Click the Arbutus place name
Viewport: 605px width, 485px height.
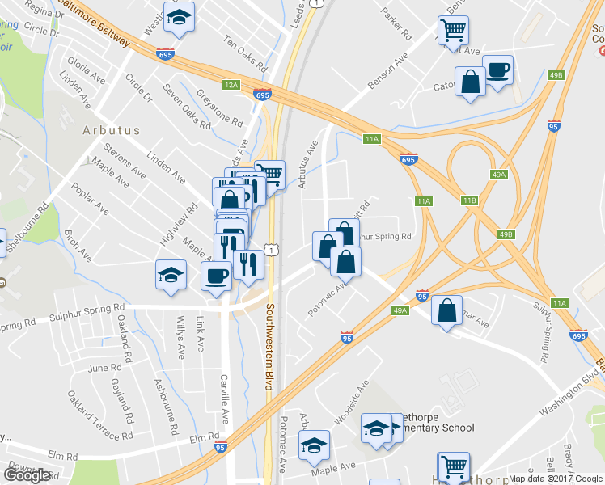click(x=111, y=129)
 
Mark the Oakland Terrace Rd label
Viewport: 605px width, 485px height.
click(x=100, y=415)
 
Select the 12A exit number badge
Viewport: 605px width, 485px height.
click(x=232, y=84)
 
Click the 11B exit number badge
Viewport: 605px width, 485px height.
click(x=470, y=200)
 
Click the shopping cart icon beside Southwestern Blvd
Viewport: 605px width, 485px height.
click(x=273, y=172)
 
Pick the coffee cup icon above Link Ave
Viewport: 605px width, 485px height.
click(x=216, y=276)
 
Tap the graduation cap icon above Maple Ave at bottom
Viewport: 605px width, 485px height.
click(x=314, y=445)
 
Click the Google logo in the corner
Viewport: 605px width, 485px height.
click(x=27, y=475)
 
